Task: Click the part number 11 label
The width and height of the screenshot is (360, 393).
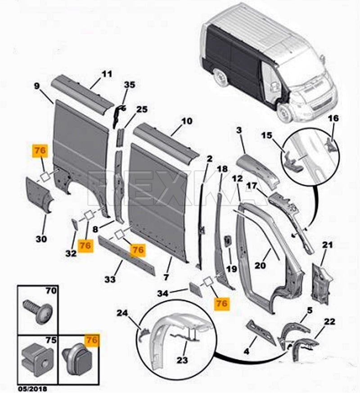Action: [106, 74]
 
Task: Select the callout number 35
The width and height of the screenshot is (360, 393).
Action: [129, 85]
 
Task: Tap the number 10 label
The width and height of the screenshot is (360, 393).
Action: [187, 121]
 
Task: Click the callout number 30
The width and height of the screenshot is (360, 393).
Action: [40, 239]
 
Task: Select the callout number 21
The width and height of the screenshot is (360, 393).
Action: [328, 245]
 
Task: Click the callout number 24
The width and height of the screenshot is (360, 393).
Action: [122, 313]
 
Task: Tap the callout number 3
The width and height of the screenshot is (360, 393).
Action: [239, 131]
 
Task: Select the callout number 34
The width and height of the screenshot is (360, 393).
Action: [163, 294]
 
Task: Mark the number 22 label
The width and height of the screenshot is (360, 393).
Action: [330, 321]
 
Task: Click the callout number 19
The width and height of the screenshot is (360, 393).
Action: [232, 269]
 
